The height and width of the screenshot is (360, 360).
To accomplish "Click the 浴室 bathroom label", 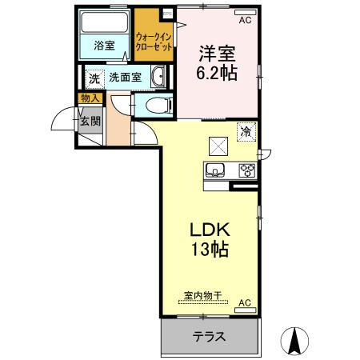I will coord(103,46).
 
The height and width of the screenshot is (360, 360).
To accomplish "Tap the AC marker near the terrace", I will coord(245,303).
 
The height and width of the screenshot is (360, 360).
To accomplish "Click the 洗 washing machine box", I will coord(94,78).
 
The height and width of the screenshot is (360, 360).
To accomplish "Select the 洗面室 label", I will coord(126,78).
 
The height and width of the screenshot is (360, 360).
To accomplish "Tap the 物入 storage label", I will coord(89,98).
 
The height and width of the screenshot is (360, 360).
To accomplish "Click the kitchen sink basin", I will coord(217,170).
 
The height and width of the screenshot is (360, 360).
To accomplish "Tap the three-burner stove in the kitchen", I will coord(246,170).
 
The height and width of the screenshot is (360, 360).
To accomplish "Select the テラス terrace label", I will coord(209,336).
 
